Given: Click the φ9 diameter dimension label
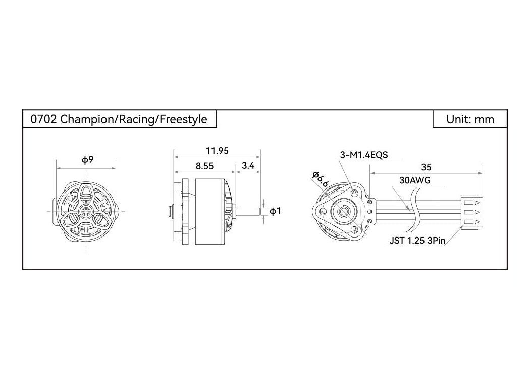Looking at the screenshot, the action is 87,160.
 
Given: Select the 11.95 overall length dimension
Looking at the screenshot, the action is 217,151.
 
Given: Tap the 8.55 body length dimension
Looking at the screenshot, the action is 204,166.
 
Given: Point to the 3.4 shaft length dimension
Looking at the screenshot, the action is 248,165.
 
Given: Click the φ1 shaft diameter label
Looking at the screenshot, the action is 275,211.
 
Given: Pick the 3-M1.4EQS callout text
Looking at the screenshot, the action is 364,155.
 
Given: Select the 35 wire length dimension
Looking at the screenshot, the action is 426,167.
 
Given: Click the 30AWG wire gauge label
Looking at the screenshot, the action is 415,180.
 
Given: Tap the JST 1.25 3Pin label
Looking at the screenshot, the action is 418,241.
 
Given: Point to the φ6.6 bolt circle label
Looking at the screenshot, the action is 320,179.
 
